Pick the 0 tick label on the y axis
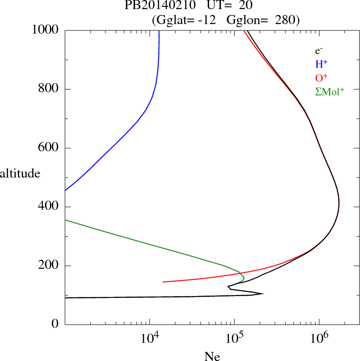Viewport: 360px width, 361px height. point(55,324)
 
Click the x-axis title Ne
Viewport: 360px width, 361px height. point(212,356)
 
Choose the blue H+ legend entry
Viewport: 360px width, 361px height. point(322,64)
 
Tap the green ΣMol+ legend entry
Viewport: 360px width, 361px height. point(329,91)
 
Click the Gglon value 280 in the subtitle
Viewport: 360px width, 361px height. point(285,20)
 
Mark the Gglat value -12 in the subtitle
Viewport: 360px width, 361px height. point(207,20)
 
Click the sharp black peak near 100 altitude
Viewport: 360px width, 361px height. point(262,293)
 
